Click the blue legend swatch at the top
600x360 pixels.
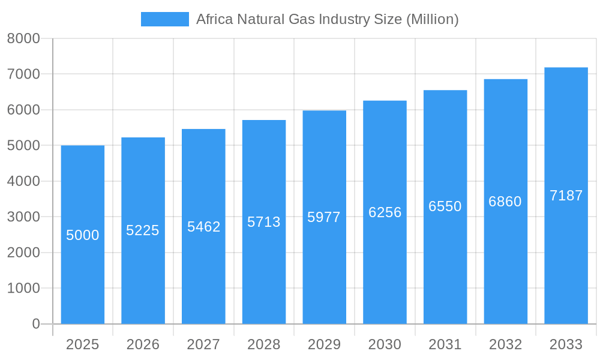coord(164,19)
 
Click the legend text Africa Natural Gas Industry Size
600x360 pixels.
coord(300,19)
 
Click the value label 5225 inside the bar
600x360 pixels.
coord(143,230)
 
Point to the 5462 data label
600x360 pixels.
coord(203,227)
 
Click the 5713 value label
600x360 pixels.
coord(264,222)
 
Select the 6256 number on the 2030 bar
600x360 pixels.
coord(385,212)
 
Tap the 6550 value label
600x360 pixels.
coord(445,206)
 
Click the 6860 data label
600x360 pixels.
coord(505,202)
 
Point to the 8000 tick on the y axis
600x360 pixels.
coord(23,38)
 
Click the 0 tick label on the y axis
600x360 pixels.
coord(35,324)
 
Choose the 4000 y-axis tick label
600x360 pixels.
coord(23,181)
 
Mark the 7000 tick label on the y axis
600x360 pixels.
coord(23,74)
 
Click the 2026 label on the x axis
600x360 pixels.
coord(143,344)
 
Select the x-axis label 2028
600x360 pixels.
coord(264,344)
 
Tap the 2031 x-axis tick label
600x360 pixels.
coord(445,344)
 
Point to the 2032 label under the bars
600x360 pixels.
coord(505,344)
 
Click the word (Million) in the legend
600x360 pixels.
coord(432,19)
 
